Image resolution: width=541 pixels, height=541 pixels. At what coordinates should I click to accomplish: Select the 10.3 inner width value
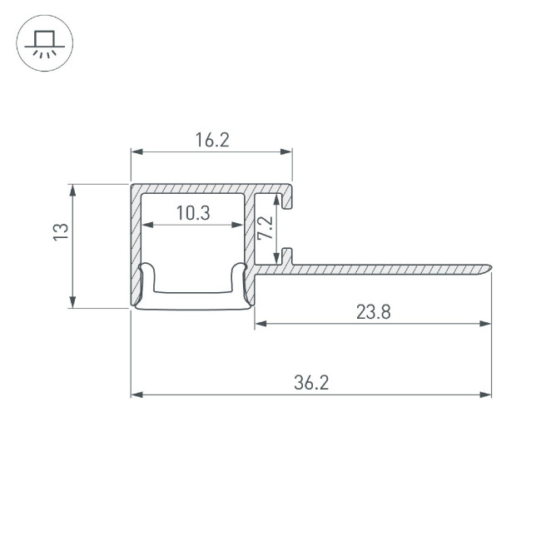pyautogui.click(x=193, y=213)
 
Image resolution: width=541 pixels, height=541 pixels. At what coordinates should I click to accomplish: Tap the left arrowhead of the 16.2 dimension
pyautogui.click(x=136, y=151)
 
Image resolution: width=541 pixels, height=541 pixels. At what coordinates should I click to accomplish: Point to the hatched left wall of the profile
pyautogui.click(x=135, y=241)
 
